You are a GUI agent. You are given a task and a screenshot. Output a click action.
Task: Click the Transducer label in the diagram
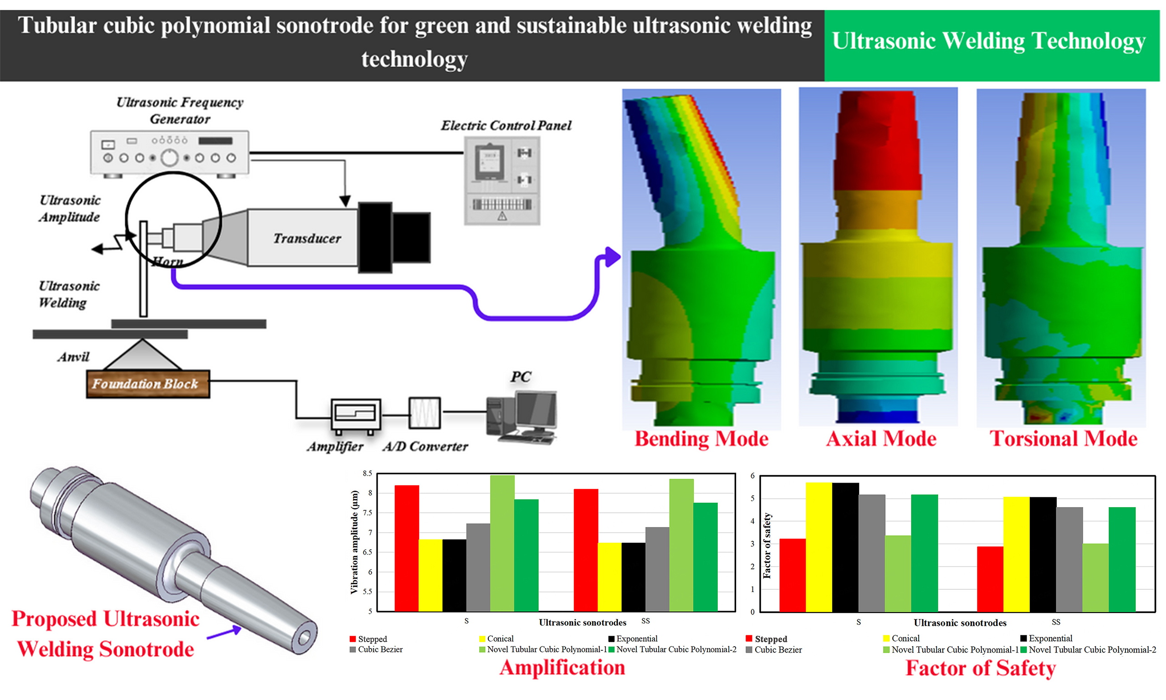coord(307,238)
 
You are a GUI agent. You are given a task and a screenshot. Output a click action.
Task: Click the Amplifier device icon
coord(356,415)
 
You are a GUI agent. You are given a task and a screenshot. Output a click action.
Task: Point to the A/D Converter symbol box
coord(424,413)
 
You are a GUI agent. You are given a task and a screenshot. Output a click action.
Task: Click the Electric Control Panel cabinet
coord(502,180)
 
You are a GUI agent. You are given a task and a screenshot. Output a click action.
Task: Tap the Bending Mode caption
coord(701,439)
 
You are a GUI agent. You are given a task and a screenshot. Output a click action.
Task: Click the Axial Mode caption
coord(881,439)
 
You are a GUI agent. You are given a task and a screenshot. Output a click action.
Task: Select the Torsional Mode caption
coord(1063,439)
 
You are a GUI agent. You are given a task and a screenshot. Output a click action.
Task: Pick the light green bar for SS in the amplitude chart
coord(681,545)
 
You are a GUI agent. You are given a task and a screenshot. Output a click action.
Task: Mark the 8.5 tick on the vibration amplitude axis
coord(367,473)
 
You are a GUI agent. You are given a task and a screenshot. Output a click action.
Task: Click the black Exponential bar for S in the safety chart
coord(845,547)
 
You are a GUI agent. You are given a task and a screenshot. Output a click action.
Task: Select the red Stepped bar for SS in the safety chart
coord(990,579)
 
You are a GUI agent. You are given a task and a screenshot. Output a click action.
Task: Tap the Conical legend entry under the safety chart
coord(905,638)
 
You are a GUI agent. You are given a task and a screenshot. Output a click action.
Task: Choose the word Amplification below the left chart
coord(562,668)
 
